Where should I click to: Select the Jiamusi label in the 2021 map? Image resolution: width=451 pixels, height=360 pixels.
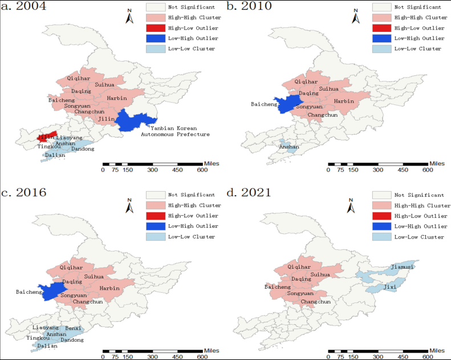pos(403,267)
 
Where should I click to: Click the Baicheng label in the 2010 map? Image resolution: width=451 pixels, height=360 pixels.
pos(264,104)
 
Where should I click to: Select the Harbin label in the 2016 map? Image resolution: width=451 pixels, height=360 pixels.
pos(109,288)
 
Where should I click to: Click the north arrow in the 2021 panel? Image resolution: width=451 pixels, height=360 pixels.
pos(355,205)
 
